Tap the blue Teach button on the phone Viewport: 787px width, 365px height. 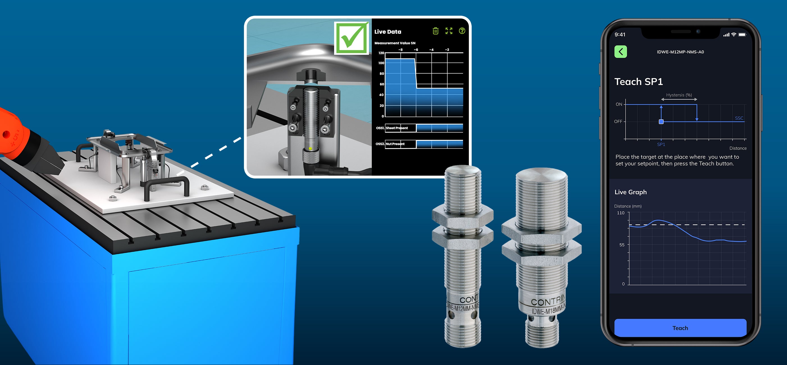pyautogui.click(x=680, y=328)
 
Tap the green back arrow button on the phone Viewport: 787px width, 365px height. pyautogui.click(x=621, y=52)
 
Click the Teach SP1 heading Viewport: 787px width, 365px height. pyautogui.click(x=638, y=81)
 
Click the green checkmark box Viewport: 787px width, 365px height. pyautogui.click(x=351, y=38)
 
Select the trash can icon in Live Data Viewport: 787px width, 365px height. pyautogui.click(x=435, y=31)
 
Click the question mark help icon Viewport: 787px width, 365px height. pyautogui.click(x=462, y=31)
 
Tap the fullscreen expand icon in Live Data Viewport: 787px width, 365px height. pyautogui.click(x=449, y=31)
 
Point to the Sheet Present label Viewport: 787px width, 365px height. pyautogui.click(x=396, y=128)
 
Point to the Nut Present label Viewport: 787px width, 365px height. pyautogui.click(x=395, y=144)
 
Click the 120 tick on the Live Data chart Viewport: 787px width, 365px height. pyautogui.click(x=381, y=53)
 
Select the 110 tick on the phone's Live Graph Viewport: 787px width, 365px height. pyautogui.click(x=621, y=213)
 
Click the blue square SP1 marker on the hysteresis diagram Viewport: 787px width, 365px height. pyautogui.click(x=661, y=122)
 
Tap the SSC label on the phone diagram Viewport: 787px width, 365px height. pyautogui.click(x=739, y=118)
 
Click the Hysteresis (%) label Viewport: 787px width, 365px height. pyautogui.click(x=679, y=95)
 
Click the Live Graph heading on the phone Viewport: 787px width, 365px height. pyautogui.click(x=631, y=192)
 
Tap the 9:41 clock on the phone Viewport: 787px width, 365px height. pyautogui.click(x=620, y=35)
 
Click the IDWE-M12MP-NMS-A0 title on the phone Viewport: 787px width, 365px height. pyautogui.click(x=680, y=52)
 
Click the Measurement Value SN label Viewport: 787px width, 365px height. pyautogui.click(x=395, y=43)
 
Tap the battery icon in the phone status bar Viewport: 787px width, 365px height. pyautogui.click(x=742, y=35)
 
